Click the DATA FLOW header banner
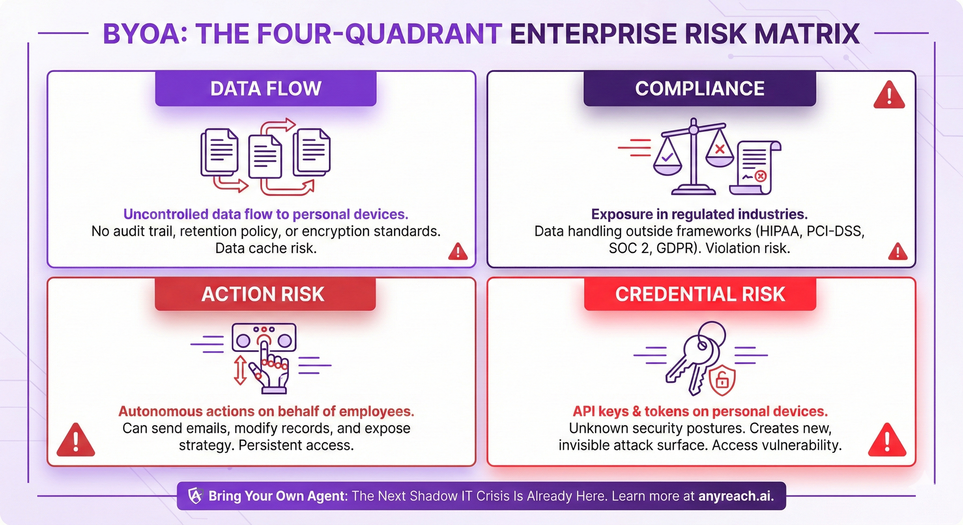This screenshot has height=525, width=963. [266, 89]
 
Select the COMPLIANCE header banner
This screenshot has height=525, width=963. [700, 89]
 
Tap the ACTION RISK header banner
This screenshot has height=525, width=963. [265, 294]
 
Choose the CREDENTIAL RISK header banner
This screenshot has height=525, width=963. [700, 294]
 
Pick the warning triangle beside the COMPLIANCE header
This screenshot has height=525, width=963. [889, 94]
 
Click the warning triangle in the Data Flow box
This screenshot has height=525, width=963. [458, 251]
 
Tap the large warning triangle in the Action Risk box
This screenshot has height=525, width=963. [76, 439]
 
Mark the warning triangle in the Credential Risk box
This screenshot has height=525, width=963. [887, 439]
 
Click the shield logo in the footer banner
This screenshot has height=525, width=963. [195, 496]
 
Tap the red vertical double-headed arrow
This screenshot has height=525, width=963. [240, 370]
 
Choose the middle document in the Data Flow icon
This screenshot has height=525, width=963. [265, 157]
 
